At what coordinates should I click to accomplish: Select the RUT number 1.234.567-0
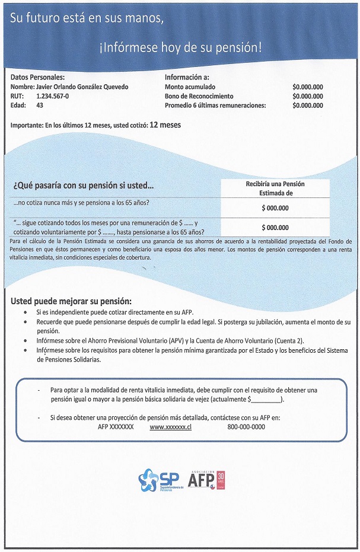pyautogui.click(x=52, y=96)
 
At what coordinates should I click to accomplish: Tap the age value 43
pyautogui.click(x=40, y=106)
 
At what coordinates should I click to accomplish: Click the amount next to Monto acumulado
pyautogui.click(x=308, y=87)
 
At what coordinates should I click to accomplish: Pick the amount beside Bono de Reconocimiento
pyautogui.click(x=308, y=96)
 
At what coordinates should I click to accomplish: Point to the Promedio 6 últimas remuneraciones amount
pyautogui.click(x=308, y=106)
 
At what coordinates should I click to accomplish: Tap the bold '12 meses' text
pyautogui.click(x=165, y=125)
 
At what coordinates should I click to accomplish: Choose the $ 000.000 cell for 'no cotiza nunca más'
pyautogui.click(x=275, y=208)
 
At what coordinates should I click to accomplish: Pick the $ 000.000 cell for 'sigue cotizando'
pyautogui.click(x=275, y=228)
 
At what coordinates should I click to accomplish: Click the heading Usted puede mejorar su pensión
pyautogui.click(x=71, y=301)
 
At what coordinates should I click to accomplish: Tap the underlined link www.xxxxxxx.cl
pyautogui.click(x=170, y=427)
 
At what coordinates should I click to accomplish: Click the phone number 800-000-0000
pyautogui.click(x=246, y=427)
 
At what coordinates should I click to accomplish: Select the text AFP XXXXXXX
pyautogui.click(x=116, y=427)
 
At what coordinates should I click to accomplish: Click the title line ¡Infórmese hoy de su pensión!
pyautogui.click(x=180, y=47)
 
